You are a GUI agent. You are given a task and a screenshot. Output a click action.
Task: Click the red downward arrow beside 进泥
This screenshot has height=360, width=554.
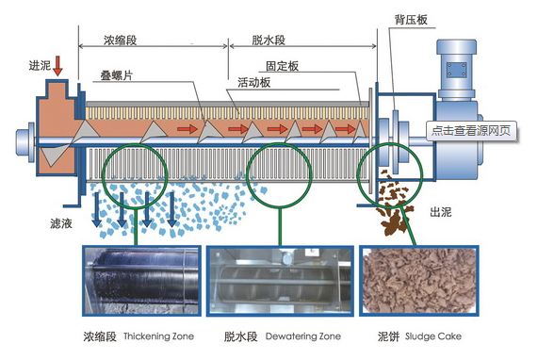(x=58, y=65)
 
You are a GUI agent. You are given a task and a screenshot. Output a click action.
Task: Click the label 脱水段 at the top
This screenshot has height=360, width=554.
(x=269, y=41)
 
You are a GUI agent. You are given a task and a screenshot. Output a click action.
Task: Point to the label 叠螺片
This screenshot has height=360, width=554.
(x=117, y=74)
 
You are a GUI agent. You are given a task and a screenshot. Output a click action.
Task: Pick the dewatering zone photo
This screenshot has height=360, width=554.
(x=279, y=280)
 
